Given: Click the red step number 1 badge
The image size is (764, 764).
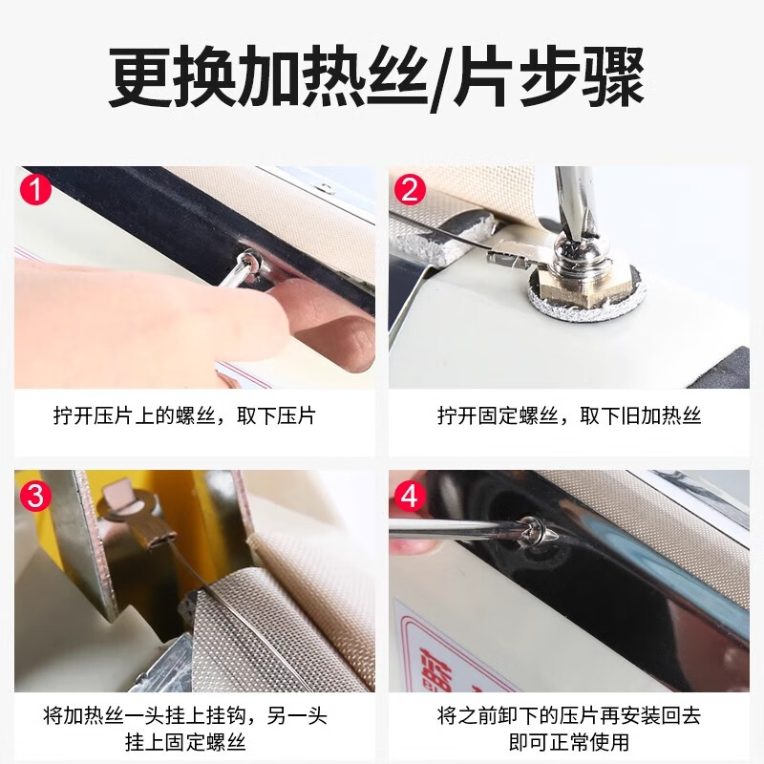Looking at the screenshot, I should point(35,189).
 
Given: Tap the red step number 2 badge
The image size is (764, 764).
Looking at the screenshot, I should point(410,189).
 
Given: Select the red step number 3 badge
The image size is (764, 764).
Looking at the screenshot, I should point(35,496).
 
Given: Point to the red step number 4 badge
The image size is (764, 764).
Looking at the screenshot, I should point(410,496).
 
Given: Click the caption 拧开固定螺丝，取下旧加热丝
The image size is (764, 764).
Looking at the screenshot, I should point(569,416).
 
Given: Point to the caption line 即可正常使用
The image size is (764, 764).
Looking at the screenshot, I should point(569,740).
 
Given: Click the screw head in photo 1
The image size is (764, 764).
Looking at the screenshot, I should point(250,260).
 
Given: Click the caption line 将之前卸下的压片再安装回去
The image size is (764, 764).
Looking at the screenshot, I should point(569,714).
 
